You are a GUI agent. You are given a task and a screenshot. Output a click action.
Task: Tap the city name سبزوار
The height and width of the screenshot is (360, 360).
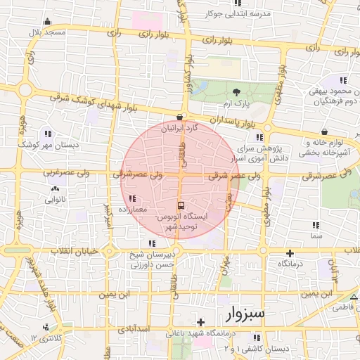pos(243,313)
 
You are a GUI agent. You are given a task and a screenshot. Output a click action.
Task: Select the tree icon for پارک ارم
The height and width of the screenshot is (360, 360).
pos(236,92)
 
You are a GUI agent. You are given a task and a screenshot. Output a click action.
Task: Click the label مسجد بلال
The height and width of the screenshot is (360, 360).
pos(46,32)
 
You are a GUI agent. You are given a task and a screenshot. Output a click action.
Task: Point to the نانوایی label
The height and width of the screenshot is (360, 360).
pos(56,200)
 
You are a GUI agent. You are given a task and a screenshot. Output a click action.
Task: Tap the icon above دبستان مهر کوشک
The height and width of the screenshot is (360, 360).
pos(48,133)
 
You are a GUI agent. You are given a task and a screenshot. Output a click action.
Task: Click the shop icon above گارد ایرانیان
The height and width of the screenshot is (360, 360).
pos(180,117)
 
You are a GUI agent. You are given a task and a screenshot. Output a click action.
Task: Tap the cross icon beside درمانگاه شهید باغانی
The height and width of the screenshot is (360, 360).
pos(200,322)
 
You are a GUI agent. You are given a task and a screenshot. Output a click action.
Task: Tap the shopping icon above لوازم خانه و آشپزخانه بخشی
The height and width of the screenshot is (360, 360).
pos(324,131)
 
